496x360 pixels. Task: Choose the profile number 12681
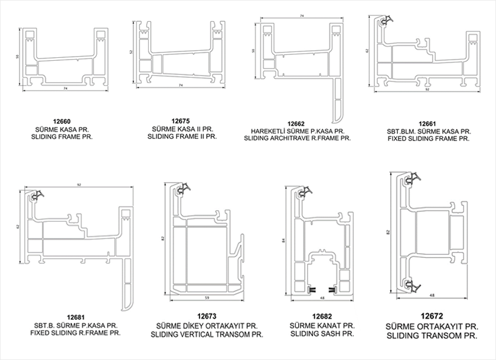[x=76, y=317]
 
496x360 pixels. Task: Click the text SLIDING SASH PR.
[x=322, y=333]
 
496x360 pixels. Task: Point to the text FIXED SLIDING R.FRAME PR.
[x=77, y=333]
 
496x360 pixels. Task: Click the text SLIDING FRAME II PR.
[x=180, y=136]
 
